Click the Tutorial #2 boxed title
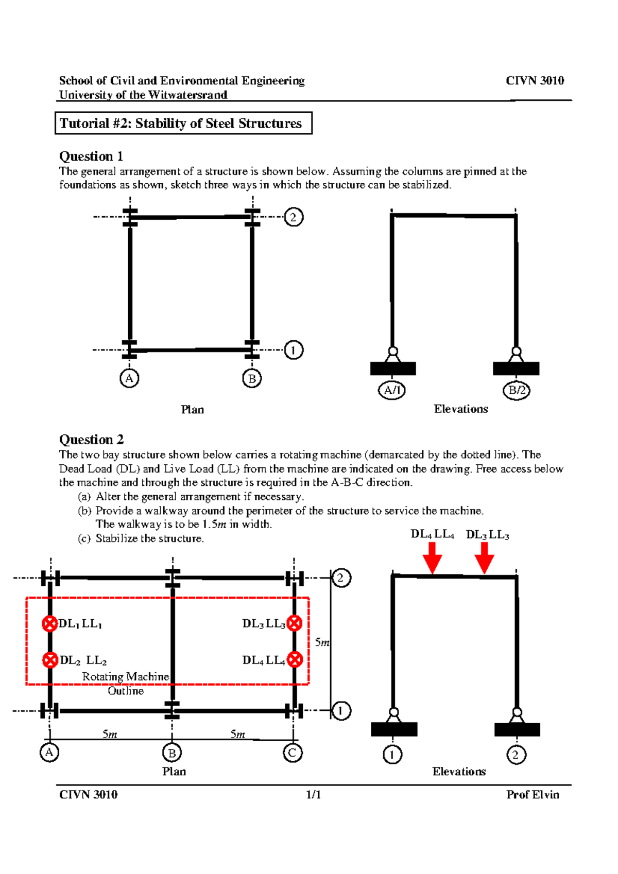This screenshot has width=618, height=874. (x=183, y=124)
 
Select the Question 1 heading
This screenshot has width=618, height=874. (x=91, y=156)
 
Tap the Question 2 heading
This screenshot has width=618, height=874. (x=91, y=440)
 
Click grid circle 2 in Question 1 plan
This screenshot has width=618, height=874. (x=294, y=217)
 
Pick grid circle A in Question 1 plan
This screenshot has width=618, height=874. (x=129, y=379)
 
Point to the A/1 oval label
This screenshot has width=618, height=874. (x=392, y=390)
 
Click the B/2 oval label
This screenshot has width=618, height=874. (x=517, y=390)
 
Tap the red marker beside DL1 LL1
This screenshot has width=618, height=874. (x=49, y=624)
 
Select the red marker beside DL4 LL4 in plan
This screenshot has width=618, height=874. (x=295, y=659)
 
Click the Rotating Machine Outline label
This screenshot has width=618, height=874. (x=126, y=684)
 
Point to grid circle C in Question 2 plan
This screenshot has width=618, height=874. (x=293, y=753)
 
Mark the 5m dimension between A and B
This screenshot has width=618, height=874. (x=110, y=734)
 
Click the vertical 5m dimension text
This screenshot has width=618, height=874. (x=322, y=642)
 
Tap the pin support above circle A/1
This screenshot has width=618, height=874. (x=393, y=353)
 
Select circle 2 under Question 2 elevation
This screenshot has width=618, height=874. (x=516, y=755)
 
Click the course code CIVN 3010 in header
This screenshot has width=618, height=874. (x=535, y=81)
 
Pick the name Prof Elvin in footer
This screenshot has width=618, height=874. (x=533, y=795)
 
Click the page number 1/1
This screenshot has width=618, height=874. (x=313, y=795)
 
